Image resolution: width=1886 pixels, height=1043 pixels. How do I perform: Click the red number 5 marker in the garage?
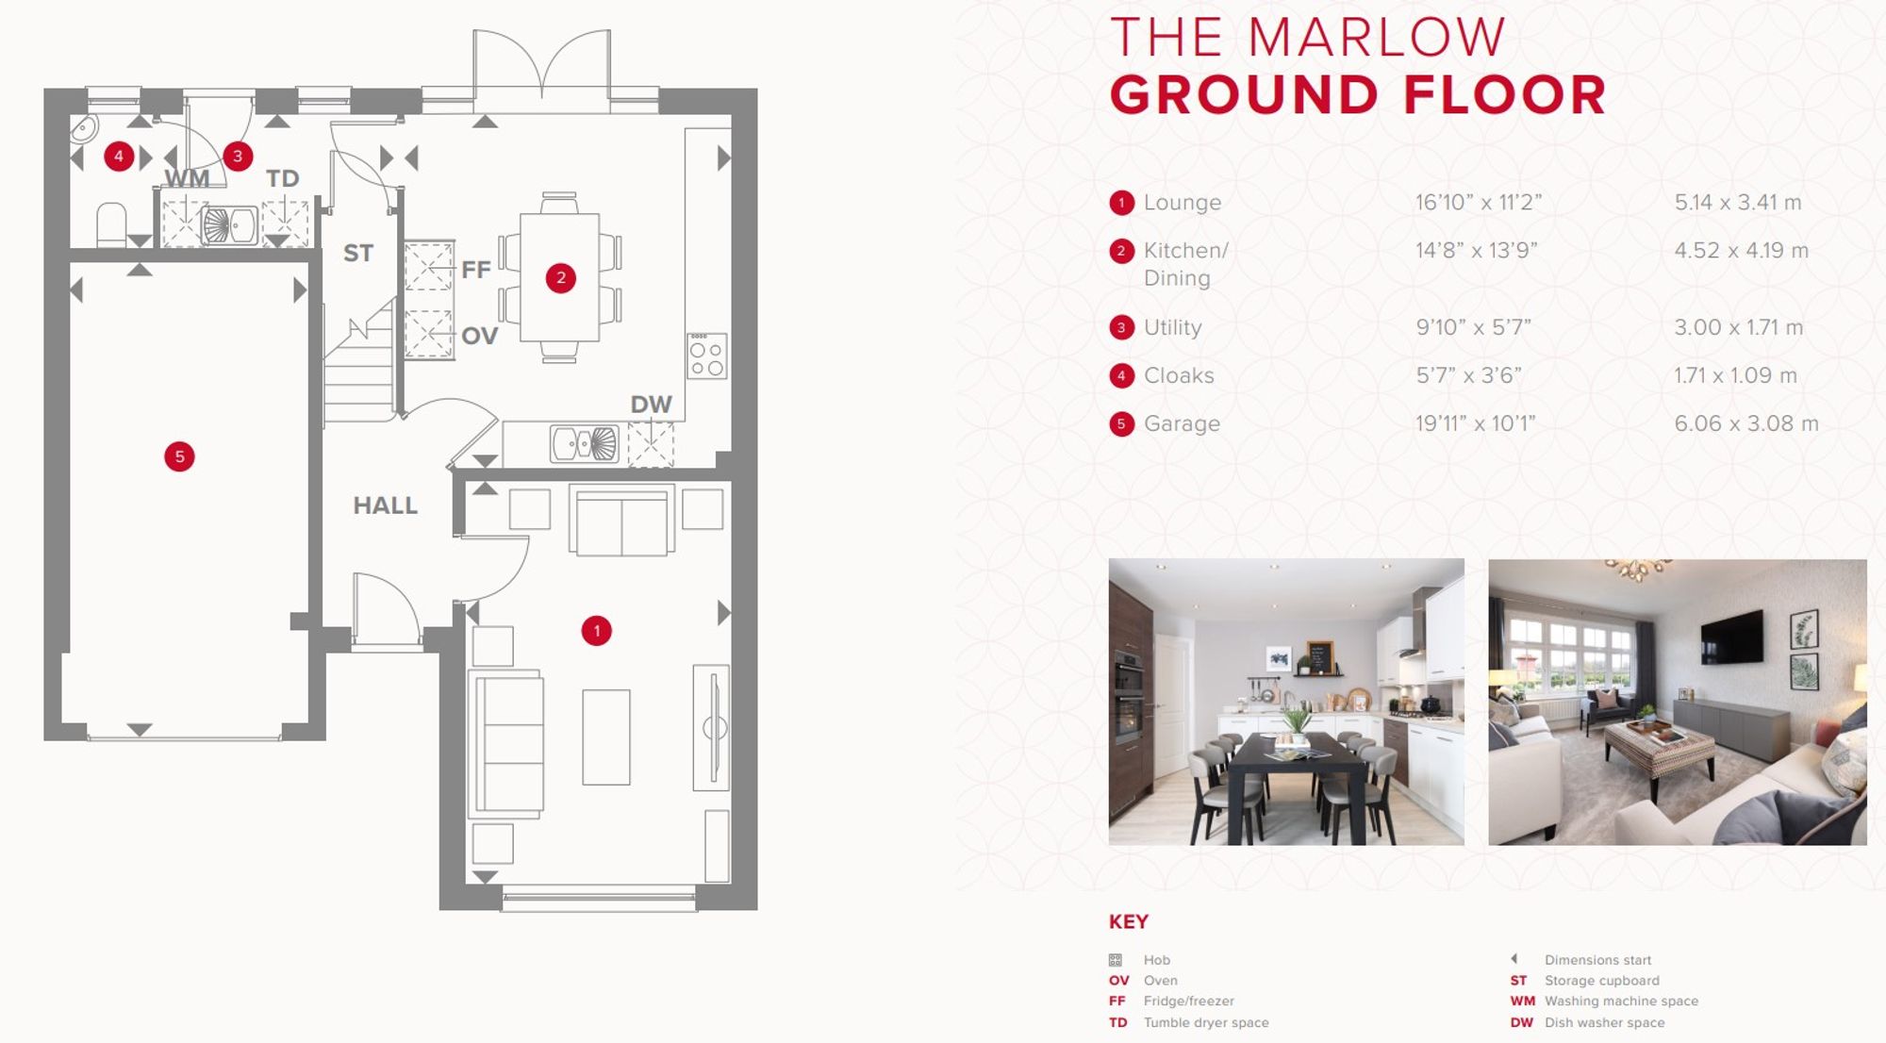(179, 456)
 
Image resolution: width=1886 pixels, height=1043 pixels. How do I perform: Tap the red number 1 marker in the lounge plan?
(596, 630)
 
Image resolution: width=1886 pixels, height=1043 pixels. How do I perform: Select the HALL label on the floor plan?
(385, 505)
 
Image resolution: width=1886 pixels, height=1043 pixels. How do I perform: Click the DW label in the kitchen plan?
(651, 405)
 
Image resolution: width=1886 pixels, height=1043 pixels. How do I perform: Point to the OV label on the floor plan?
(479, 336)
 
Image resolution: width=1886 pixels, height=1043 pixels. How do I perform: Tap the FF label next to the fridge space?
(476, 270)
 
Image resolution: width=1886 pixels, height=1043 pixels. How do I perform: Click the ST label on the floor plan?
(358, 253)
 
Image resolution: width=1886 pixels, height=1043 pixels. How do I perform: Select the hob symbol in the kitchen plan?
(706, 356)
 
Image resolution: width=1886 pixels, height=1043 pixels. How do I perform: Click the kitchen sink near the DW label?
(584, 443)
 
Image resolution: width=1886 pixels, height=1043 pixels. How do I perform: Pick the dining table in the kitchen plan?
(559, 277)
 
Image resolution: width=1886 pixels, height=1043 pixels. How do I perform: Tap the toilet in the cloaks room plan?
(111, 225)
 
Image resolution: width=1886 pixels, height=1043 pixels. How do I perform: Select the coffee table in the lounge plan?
(605, 737)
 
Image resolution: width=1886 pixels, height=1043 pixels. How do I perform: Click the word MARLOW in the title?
(1376, 38)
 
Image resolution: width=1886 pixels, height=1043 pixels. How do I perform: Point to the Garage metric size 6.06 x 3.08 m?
(1746, 423)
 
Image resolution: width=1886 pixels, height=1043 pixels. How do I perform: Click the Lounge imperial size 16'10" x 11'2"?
(1478, 202)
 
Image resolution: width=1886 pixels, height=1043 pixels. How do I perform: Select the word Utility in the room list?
(1172, 327)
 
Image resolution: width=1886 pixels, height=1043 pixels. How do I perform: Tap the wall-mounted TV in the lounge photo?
(1731, 636)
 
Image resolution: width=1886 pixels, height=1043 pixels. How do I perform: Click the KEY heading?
(1128, 921)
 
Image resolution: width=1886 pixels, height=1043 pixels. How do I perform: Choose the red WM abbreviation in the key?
(1522, 1001)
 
